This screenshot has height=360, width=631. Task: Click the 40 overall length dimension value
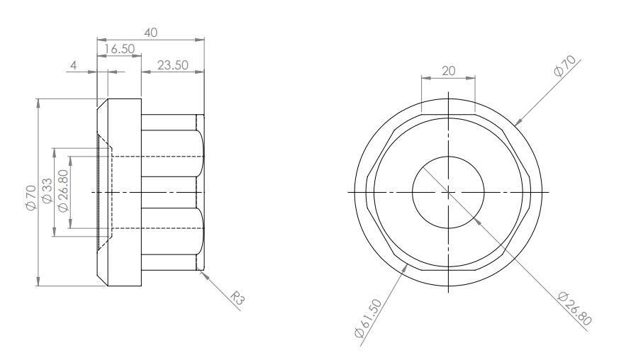pos(150,33)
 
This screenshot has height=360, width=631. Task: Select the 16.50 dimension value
pos(120,49)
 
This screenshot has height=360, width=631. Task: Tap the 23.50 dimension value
pos(173,65)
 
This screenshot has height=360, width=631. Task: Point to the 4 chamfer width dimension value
pos(74,65)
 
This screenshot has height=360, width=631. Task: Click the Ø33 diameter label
pos(47,191)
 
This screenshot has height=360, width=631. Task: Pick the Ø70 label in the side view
pos(31,197)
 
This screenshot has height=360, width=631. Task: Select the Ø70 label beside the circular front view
pos(565,66)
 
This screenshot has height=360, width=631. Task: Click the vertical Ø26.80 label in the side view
pos(63,190)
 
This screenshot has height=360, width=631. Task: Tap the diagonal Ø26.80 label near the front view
pos(575,309)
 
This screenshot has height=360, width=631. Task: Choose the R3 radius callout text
pos(238,298)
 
